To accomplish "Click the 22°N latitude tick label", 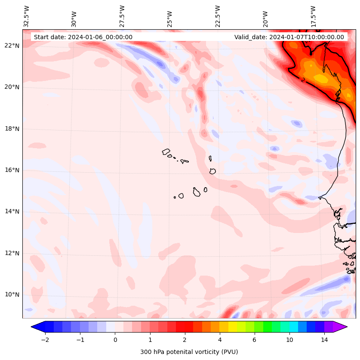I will coord(12,46).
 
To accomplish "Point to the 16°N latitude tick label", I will coord(12,170).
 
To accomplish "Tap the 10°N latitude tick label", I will coord(12,295).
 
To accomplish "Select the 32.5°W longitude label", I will coord(27,16).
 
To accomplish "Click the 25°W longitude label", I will coord(170,19).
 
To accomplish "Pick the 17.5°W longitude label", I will coord(314,16).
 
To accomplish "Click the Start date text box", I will coord(83,37).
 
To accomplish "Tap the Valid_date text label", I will coord(289,37).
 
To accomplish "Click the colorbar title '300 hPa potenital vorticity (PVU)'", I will coord(189,352).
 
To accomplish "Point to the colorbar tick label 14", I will coord(324,340).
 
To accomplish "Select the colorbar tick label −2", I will coord(45,340).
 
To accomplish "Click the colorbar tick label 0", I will coord(115,340).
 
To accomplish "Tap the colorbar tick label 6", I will coord(254,340).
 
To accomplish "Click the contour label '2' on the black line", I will coord(303,80).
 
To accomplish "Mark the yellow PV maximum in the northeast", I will coord(320,78).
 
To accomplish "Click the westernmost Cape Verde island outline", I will coord(166,152).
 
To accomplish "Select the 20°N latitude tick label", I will coord(12,87).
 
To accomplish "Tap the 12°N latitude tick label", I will coord(12,253).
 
